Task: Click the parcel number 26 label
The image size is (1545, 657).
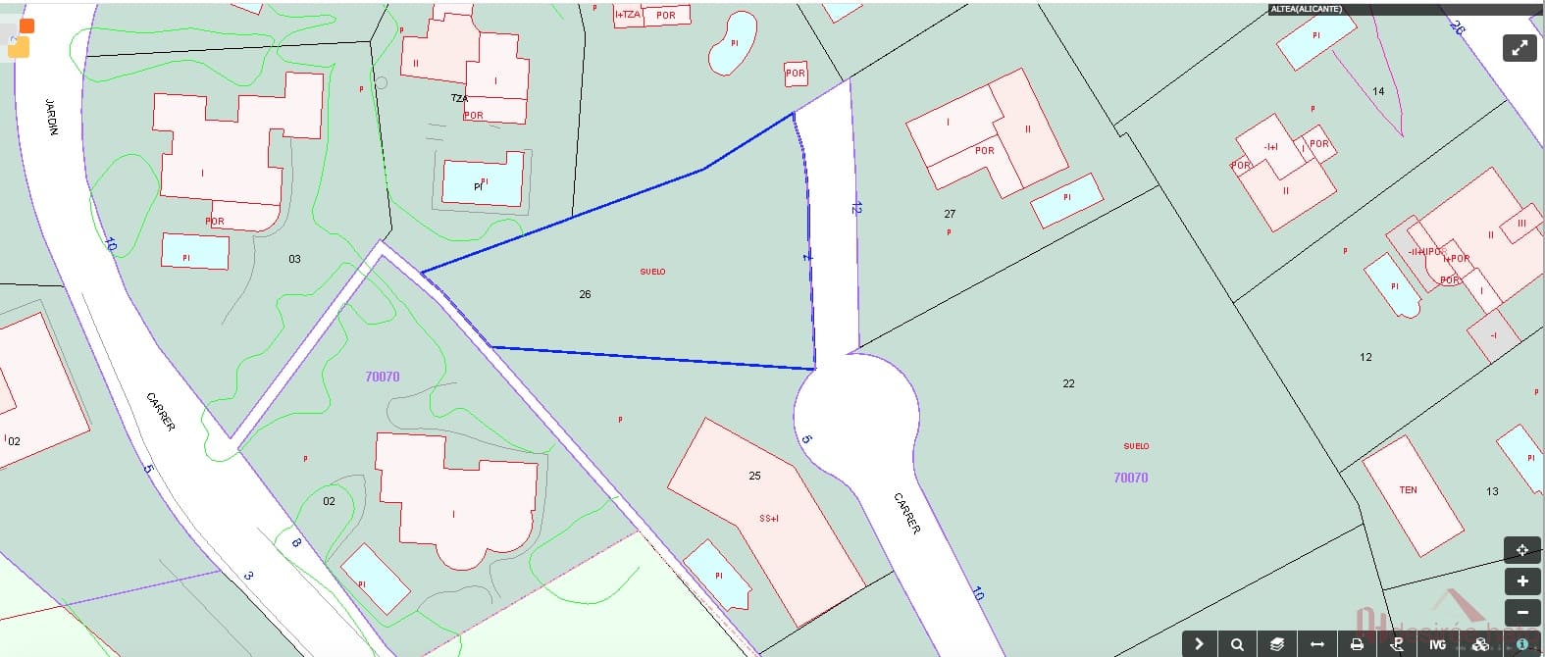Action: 585,294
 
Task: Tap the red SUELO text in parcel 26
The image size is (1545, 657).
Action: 652,272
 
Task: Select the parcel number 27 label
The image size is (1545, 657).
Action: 950,214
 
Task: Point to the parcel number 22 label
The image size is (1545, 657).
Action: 1068,383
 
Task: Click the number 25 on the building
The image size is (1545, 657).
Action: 754,476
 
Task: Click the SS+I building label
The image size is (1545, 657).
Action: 769,518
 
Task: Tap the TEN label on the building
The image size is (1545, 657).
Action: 1408,490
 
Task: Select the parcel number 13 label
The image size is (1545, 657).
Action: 1492,491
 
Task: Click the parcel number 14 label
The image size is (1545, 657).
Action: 1378,91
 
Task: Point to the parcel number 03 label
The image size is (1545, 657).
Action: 294,259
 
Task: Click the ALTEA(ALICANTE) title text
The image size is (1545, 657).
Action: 1306,9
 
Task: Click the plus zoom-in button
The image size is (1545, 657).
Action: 1521,581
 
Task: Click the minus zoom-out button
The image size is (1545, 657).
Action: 1521,612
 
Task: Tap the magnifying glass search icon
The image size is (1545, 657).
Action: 1238,644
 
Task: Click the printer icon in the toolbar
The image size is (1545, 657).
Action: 1357,644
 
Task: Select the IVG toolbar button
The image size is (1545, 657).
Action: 1437,644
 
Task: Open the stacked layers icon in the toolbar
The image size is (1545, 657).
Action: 1277,644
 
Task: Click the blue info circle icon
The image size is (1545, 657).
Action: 1521,644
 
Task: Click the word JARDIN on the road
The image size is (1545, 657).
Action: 52,117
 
